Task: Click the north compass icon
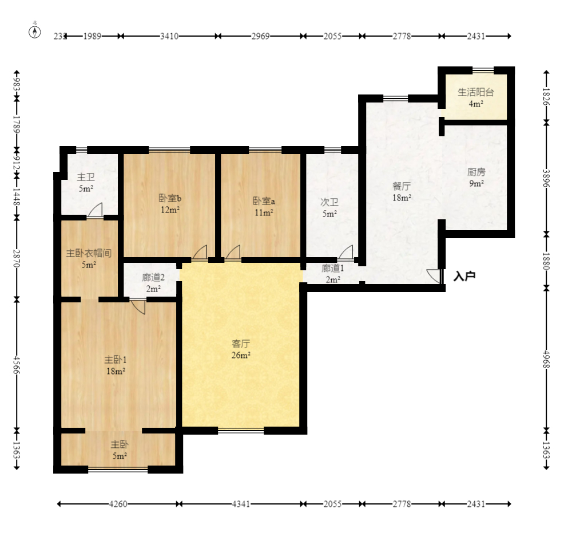point(35,31)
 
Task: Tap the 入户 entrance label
point(464,277)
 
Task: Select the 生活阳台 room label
point(476,92)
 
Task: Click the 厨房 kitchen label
point(476,172)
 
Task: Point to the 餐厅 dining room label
point(402,186)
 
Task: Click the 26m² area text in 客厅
point(241,356)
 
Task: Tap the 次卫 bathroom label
point(329,202)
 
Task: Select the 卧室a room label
point(264,201)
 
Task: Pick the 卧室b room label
point(170,198)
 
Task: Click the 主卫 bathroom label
point(86,177)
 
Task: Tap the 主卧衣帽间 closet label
point(89,253)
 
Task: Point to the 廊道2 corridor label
point(153,277)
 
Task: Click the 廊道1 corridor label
point(332,269)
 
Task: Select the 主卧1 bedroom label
point(116,360)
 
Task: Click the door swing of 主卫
point(96,210)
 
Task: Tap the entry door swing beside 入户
point(434,277)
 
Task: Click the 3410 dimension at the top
point(169,36)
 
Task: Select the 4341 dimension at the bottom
point(241,504)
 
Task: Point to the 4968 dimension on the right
point(547,359)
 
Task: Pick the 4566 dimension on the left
point(17,365)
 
